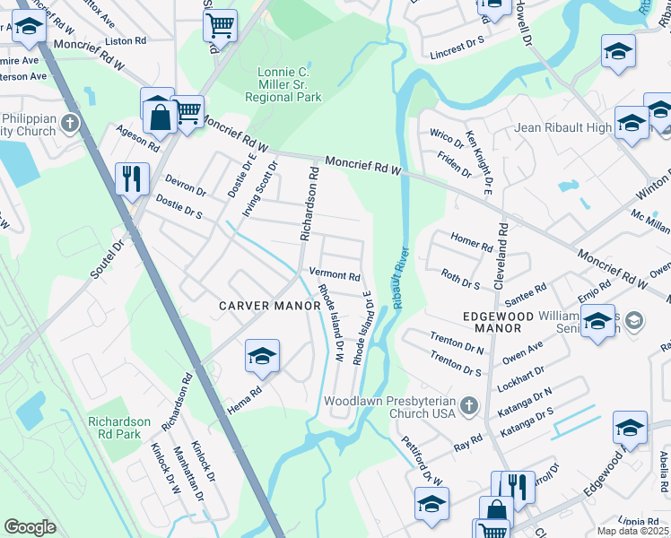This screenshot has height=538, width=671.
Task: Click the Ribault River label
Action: [x=400, y=278]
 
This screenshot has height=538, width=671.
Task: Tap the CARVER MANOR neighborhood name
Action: [x=270, y=307]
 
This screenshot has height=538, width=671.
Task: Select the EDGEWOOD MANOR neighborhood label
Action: [x=498, y=317]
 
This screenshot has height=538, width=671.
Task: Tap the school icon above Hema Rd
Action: [x=261, y=357]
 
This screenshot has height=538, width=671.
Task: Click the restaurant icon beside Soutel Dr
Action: [x=132, y=178]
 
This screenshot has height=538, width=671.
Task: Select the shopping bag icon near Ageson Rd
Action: [x=159, y=117]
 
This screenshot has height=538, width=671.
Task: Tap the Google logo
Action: [x=30, y=526]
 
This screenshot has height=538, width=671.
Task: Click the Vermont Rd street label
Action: [x=334, y=276]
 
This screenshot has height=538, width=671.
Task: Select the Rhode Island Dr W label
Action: [x=329, y=323]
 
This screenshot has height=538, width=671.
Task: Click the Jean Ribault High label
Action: [x=562, y=128]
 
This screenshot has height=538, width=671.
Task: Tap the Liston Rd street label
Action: [x=126, y=41]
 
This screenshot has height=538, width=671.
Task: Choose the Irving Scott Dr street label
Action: [x=258, y=188]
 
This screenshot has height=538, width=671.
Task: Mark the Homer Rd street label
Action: [x=472, y=242]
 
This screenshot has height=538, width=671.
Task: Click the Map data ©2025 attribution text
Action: [x=632, y=531]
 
